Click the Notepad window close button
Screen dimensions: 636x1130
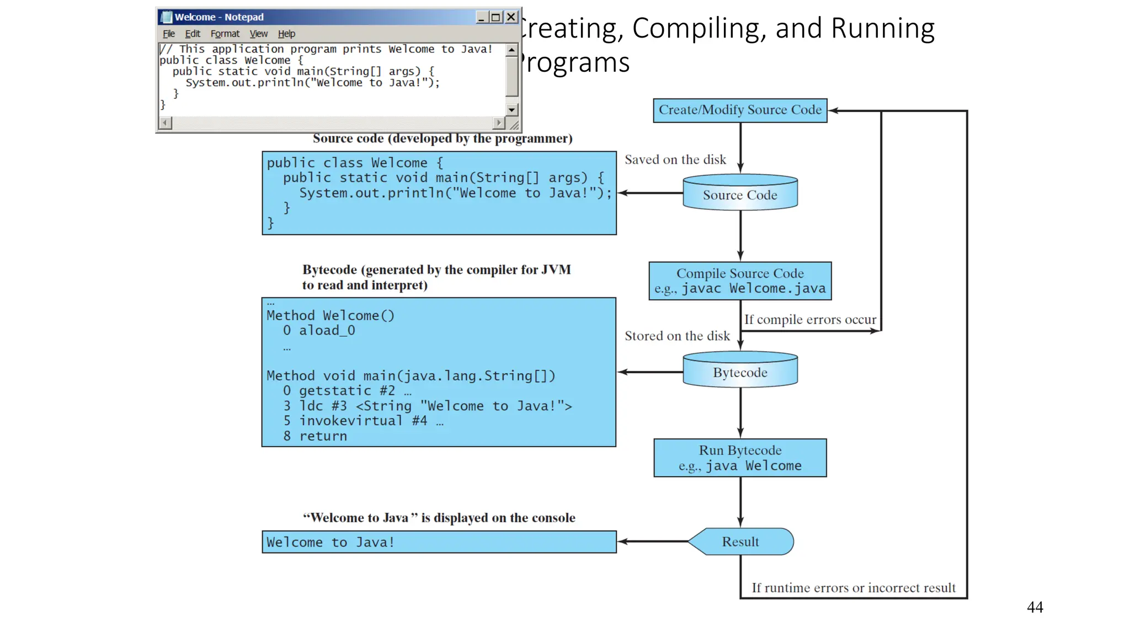tap(511, 17)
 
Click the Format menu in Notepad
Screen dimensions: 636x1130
tap(225, 34)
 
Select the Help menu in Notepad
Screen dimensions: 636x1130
tap(286, 34)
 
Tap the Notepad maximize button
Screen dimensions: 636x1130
tap(496, 17)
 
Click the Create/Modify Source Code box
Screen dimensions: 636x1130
tap(740, 110)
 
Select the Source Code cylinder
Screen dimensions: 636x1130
tap(740, 194)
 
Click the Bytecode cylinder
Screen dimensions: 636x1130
tap(740, 372)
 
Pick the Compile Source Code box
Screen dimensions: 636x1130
tap(740, 280)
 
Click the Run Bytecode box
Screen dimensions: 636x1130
tap(740, 458)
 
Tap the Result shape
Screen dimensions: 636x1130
tap(740, 542)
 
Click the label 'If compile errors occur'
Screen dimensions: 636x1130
tap(809, 320)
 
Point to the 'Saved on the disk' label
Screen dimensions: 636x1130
tap(675, 160)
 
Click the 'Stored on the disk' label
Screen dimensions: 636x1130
tap(676, 336)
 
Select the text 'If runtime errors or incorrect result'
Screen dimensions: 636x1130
tap(853, 588)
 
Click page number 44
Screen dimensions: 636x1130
tap(1035, 607)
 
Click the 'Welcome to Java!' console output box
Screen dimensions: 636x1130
tap(439, 542)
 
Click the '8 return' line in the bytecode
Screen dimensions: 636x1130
tap(315, 436)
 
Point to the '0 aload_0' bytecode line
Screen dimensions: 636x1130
tap(319, 330)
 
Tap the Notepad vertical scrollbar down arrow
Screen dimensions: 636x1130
tap(511, 109)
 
